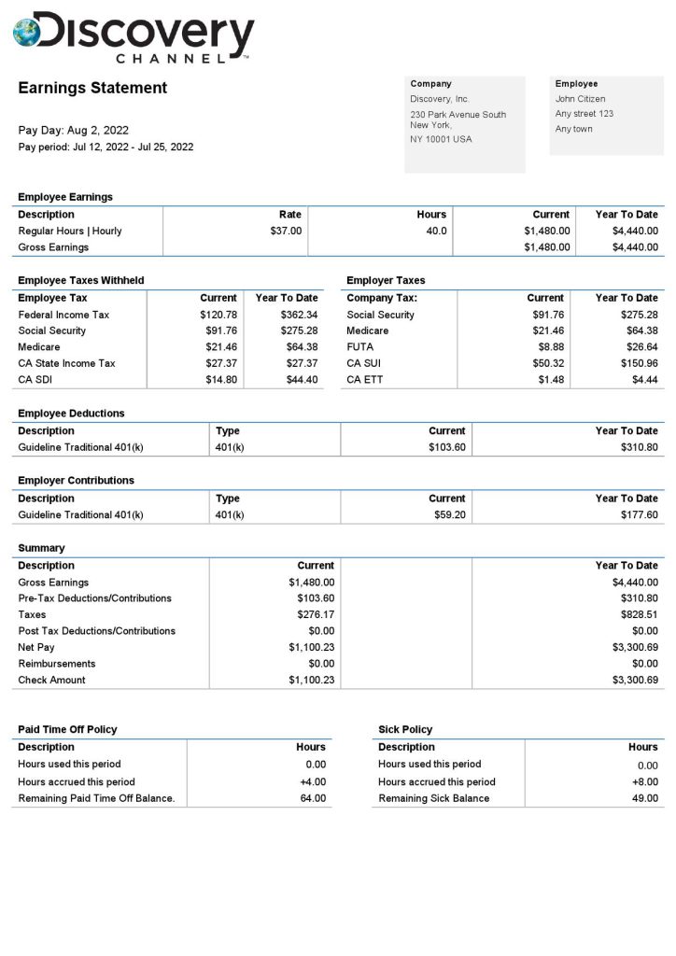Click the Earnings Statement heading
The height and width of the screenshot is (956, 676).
coord(92,88)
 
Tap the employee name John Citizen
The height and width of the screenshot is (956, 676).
coord(580,99)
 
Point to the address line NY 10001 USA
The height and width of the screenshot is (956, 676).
coord(441,139)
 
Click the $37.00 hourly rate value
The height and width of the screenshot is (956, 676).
coord(286,231)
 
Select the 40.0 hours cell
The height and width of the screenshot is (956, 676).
coord(436,231)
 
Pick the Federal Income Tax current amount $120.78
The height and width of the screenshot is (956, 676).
coord(219,315)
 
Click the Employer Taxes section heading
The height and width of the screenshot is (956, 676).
coord(386,280)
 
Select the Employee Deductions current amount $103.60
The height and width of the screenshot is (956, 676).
coord(446,447)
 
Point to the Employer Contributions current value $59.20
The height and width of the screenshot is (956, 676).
coord(449,514)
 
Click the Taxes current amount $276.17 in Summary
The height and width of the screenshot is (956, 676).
coord(312,615)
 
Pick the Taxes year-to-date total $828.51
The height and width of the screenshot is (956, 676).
coord(639,615)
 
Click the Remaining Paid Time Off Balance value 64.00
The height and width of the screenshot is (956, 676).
coord(313,798)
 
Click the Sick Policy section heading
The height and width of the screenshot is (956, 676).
coord(405,729)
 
